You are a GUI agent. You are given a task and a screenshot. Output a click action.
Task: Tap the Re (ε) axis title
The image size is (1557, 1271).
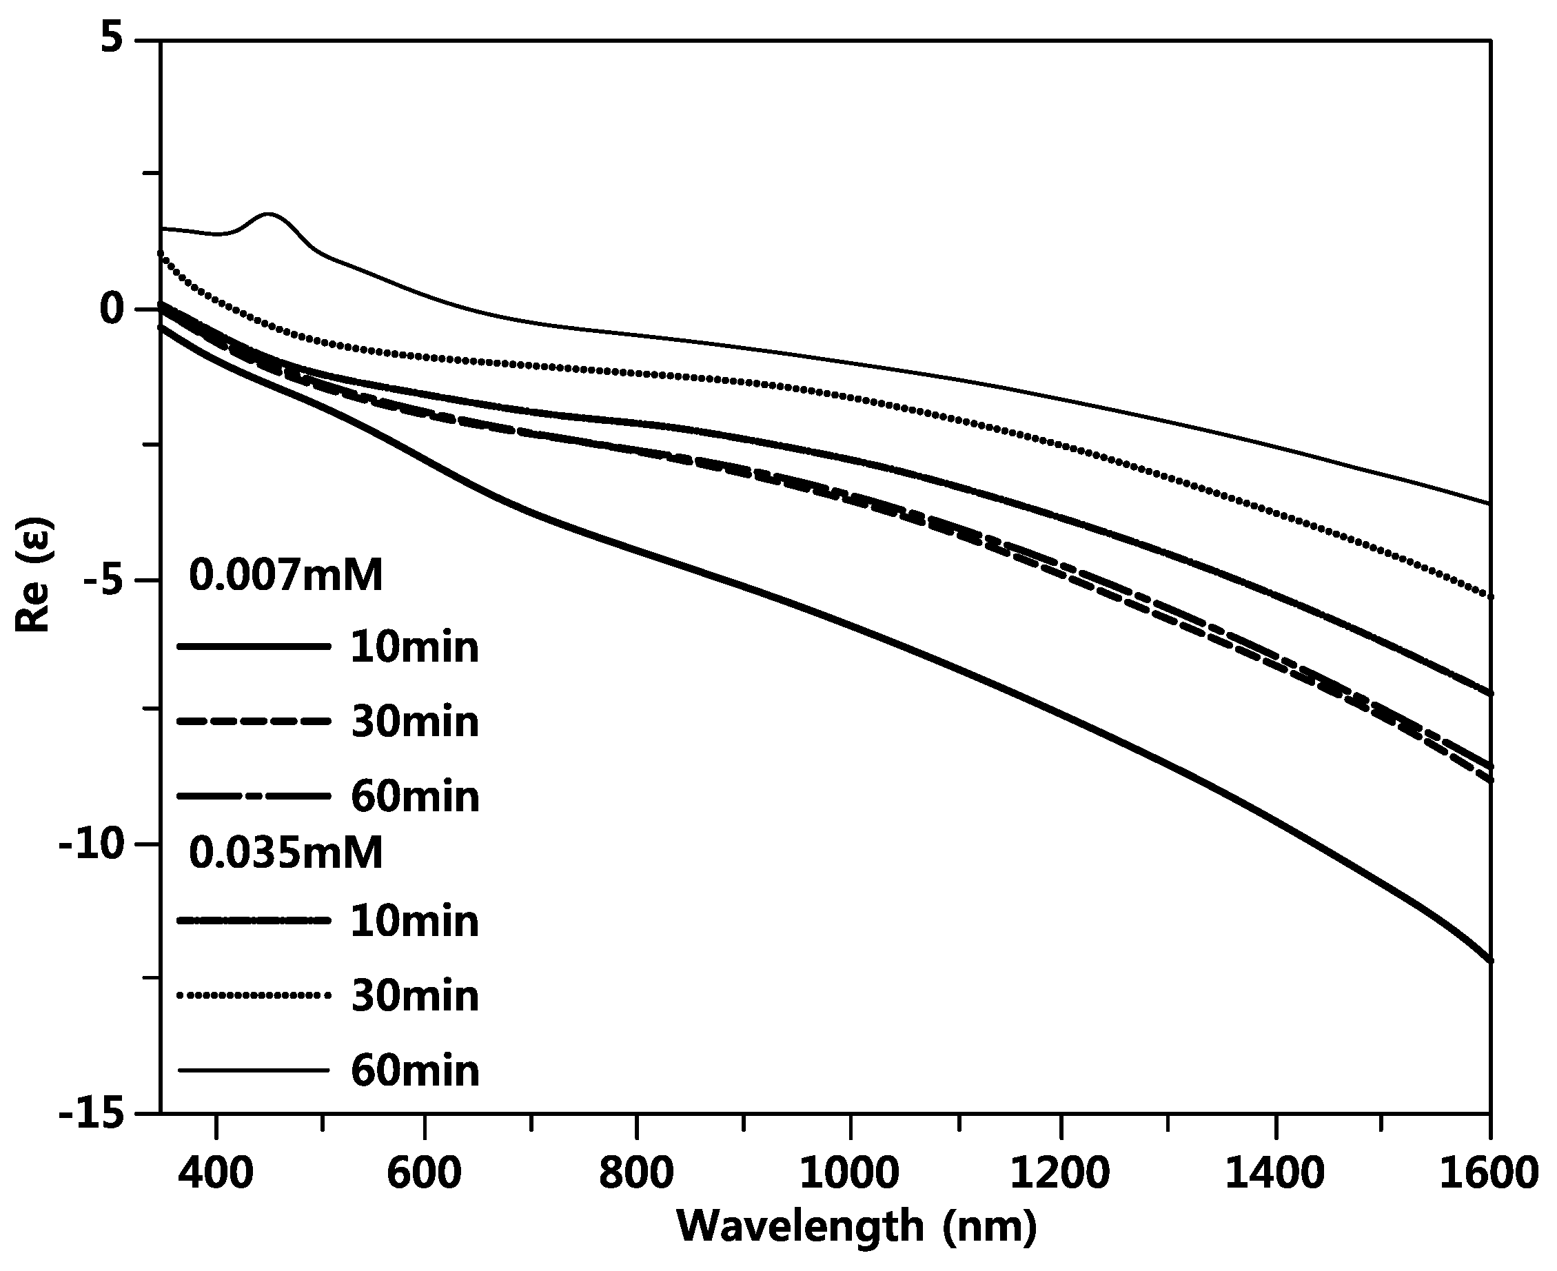[x=34, y=576]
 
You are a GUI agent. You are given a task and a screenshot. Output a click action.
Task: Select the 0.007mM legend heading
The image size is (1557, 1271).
[x=286, y=576]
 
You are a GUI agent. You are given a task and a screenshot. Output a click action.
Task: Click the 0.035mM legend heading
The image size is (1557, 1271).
[x=286, y=853]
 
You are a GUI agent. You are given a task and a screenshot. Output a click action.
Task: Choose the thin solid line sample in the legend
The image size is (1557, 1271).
[x=252, y=1070]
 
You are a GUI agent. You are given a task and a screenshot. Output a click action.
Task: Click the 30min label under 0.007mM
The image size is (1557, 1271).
[x=415, y=722]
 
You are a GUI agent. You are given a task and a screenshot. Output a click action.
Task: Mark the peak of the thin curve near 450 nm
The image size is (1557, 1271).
[x=269, y=214]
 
